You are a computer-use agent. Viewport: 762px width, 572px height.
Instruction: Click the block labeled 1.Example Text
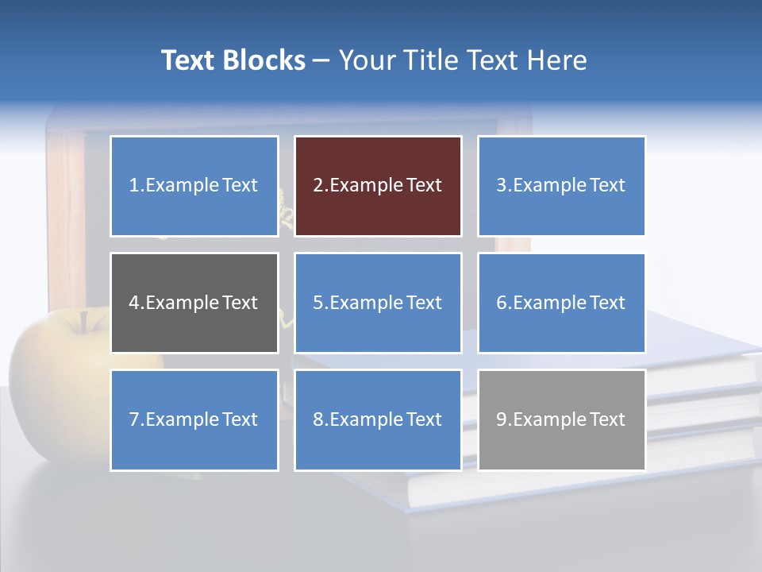(x=194, y=186)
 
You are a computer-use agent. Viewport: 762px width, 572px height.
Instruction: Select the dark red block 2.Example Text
(x=378, y=186)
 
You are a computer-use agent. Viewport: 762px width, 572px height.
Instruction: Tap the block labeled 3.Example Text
(x=561, y=186)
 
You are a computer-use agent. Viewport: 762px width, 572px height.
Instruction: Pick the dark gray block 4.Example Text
(x=194, y=303)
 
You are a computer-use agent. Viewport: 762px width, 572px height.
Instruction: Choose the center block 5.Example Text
(x=378, y=303)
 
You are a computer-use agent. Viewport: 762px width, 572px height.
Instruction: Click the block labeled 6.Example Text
(x=561, y=303)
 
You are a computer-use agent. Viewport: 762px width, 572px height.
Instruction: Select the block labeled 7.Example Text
(x=194, y=419)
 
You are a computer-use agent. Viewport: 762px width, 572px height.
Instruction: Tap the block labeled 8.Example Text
(x=378, y=419)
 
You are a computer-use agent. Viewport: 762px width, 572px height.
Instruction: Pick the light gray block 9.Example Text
(x=561, y=419)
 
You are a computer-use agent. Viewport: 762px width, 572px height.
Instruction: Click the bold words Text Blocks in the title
(x=233, y=60)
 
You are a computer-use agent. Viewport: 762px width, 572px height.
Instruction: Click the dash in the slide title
(x=321, y=61)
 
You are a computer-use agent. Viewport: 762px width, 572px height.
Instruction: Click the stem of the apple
(x=83, y=320)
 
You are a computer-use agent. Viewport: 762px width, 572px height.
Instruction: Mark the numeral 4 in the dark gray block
(x=134, y=303)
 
